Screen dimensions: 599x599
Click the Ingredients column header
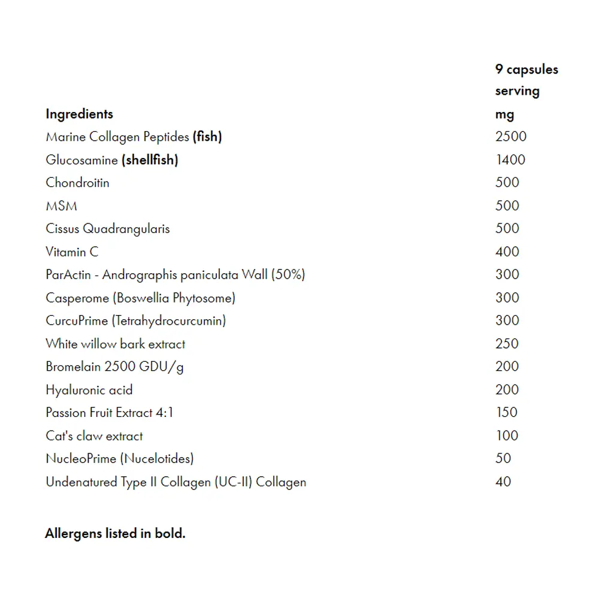click(79, 114)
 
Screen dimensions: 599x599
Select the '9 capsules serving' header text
click(526, 80)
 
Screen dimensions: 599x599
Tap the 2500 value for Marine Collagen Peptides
click(510, 137)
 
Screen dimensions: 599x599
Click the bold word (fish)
click(207, 137)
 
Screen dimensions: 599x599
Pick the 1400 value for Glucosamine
click(510, 160)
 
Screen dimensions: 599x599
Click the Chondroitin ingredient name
click(77, 183)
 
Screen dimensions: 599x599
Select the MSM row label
click(61, 206)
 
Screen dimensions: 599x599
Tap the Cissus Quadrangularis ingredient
click(108, 229)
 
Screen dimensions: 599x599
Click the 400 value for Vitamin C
click(507, 252)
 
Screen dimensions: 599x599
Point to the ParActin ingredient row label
click(175, 275)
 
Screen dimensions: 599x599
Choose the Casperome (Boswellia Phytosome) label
click(140, 298)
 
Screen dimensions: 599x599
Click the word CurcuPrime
click(77, 321)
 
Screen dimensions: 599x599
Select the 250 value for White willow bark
click(507, 344)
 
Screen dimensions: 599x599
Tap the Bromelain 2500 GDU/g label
click(114, 367)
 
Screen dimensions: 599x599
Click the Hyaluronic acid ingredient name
click(89, 390)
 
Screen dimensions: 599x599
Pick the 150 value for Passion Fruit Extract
click(506, 413)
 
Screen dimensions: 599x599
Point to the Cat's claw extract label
click(94, 436)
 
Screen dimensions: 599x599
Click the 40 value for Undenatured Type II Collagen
click(503, 482)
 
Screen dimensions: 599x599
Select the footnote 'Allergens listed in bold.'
click(115, 534)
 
